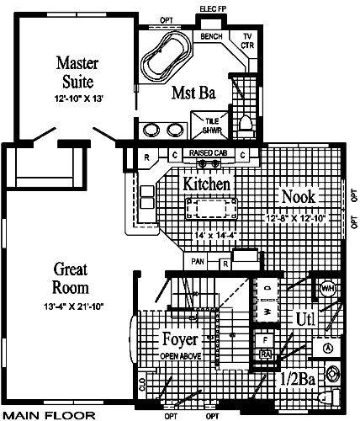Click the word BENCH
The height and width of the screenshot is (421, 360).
click(x=211, y=38)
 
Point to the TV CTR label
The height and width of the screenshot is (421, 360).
click(x=247, y=40)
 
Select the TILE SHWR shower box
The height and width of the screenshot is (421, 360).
click(x=210, y=125)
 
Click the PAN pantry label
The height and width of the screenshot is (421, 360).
click(x=198, y=262)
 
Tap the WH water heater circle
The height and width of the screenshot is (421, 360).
click(x=327, y=290)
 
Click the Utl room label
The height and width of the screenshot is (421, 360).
click(x=305, y=319)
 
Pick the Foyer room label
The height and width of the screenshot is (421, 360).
click(x=180, y=340)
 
